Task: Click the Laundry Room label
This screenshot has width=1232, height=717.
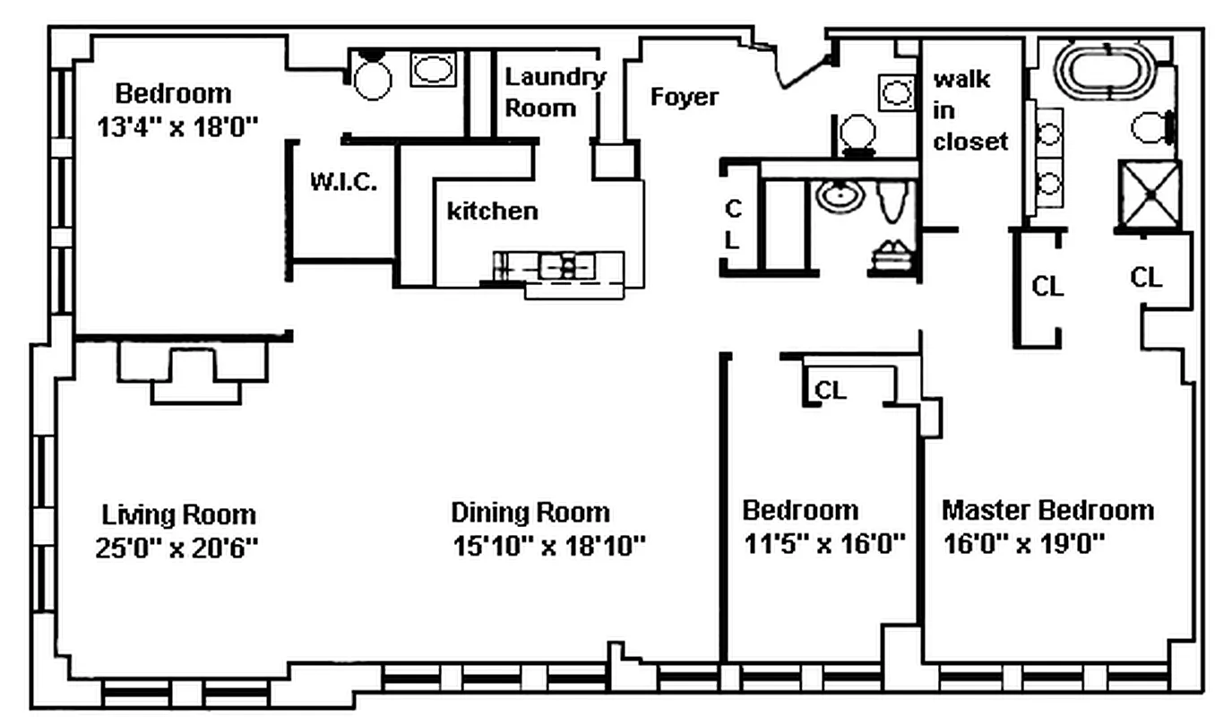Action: (554, 92)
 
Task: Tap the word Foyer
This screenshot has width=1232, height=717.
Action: (684, 97)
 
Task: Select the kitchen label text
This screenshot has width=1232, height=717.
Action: (493, 211)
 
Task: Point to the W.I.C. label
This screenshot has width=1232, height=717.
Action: (343, 183)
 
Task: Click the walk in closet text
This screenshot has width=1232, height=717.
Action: (969, 110)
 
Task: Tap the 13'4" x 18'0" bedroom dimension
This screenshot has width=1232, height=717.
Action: (177, 126)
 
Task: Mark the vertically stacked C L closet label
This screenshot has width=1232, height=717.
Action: (734, 225)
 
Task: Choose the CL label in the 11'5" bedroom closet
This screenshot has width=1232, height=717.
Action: (830, 391)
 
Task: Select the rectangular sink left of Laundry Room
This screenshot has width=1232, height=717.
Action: (433, 70)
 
